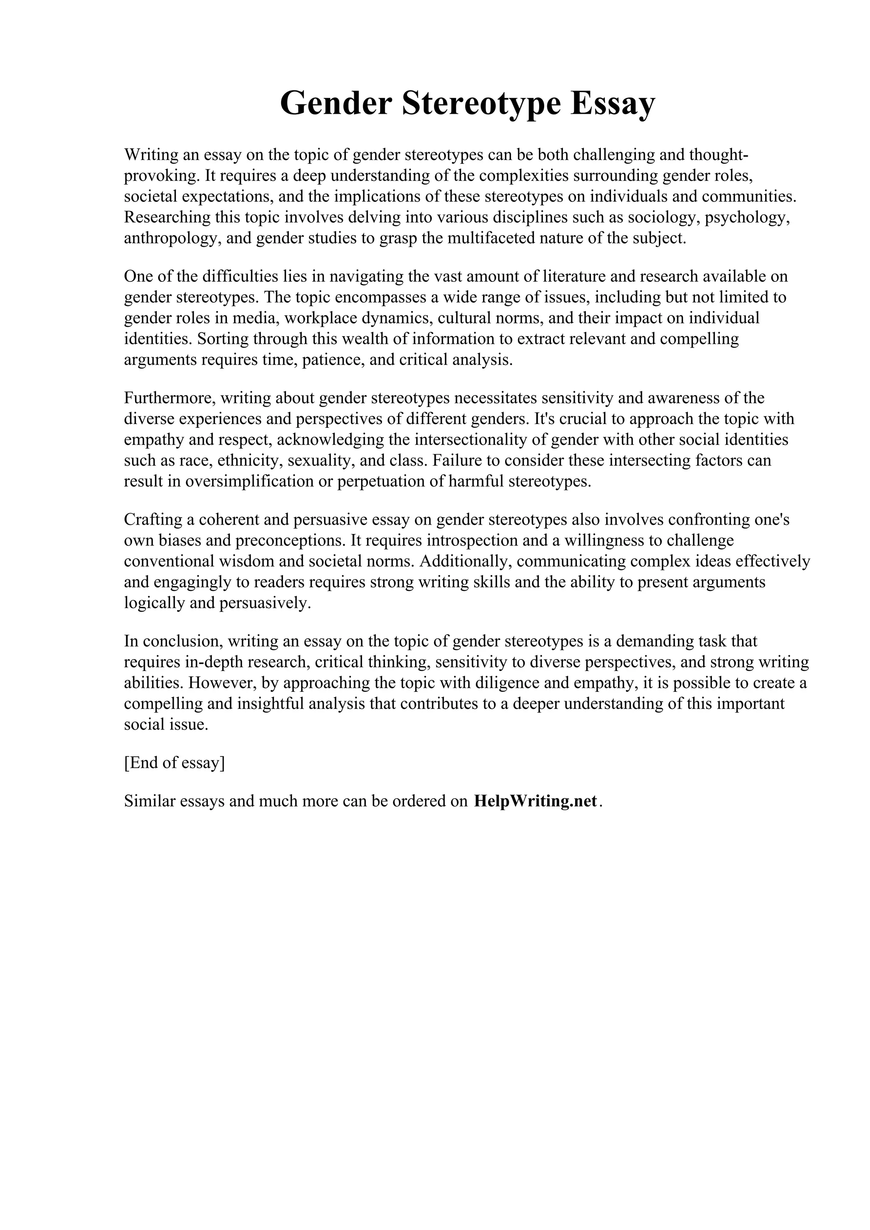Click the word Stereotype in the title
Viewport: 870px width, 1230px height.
tap(481, 104)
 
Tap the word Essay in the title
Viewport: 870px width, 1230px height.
tap(612, 104)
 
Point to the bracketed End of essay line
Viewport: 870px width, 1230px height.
tap(174, 763)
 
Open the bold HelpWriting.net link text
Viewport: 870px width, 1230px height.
tap(535, 801)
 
